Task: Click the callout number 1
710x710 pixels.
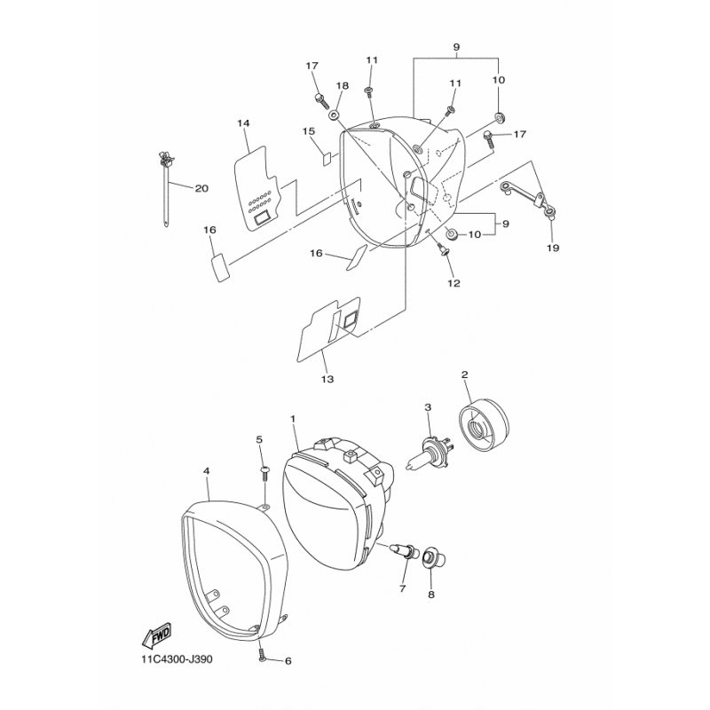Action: tap(294, 416)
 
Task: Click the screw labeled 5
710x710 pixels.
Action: tap(264, 470)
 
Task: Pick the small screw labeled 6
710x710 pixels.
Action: tap(264, 657)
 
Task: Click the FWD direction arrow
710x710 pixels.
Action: tap(156, 637)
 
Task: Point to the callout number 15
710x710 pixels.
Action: tap(309, 131)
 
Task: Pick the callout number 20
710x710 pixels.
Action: tap(201, 188)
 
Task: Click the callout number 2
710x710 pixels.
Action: tap(464, 375)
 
